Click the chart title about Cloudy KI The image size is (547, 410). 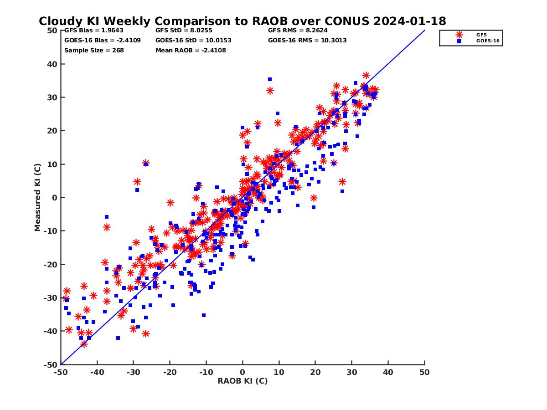[242, 21]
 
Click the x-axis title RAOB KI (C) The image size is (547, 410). [243, 381]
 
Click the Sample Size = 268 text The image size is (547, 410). [94, 50]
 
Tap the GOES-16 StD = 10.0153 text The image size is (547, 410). [193, 40]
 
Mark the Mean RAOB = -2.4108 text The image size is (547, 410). [191, 50]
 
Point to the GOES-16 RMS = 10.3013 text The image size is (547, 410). [307, 40]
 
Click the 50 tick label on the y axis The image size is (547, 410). [52, 31]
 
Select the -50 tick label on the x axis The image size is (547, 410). [61, 372]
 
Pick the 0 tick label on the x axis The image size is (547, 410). [243, 372]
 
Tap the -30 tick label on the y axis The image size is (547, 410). [51, 298]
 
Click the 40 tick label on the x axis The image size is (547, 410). [388, 372]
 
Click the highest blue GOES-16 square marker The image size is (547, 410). [270, 79]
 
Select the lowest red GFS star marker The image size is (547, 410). [84, 344]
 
